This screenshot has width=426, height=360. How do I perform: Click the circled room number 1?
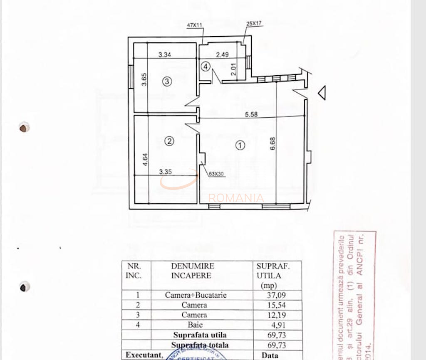point(240,145)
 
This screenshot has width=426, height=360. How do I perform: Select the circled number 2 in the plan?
point(169,141)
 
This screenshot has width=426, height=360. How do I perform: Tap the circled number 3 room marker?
point(167,81)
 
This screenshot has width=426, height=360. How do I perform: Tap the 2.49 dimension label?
point(223,54)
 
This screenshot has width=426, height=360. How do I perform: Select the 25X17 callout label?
point(254,24)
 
